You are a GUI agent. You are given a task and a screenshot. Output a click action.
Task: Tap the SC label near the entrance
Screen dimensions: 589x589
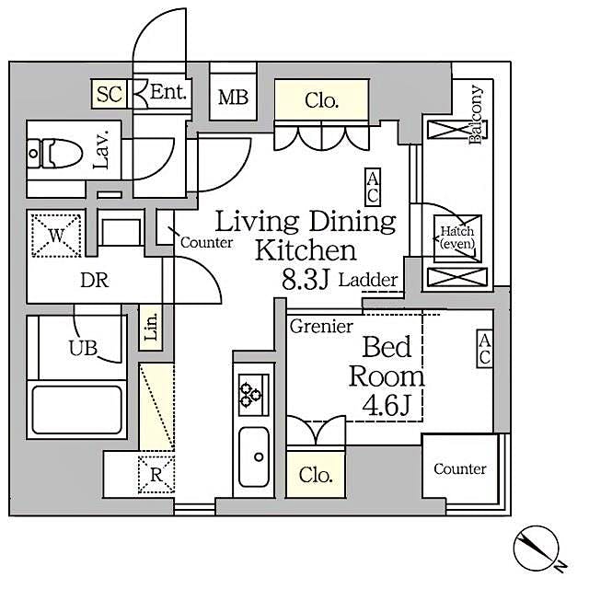click(x=110, y=93)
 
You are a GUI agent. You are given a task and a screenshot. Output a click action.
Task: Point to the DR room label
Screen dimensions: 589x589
click(x=95, y=281)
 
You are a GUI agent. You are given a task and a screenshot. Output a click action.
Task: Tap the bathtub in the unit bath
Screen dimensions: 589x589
click(x=76, y=410)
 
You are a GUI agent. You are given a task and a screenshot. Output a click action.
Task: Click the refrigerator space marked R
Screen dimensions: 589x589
click(x=156, y=475)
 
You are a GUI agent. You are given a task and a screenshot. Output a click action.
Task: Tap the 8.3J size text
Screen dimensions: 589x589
click(x=306, y=281)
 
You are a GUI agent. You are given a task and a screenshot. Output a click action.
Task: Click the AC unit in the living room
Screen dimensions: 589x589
click(x=373, y=187)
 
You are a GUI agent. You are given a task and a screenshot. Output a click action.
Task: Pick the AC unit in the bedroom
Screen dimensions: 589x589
click(x=484, y=351)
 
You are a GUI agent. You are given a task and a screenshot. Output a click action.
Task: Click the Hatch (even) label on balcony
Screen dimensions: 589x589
click(x=456, y=237)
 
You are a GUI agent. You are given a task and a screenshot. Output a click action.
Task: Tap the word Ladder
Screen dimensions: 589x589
click(x=368, y=281)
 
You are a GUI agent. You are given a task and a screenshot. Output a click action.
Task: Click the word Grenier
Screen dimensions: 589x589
click(x=321, y=327)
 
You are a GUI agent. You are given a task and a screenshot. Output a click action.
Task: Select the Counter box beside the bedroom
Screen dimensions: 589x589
click(x=460, y=469)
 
